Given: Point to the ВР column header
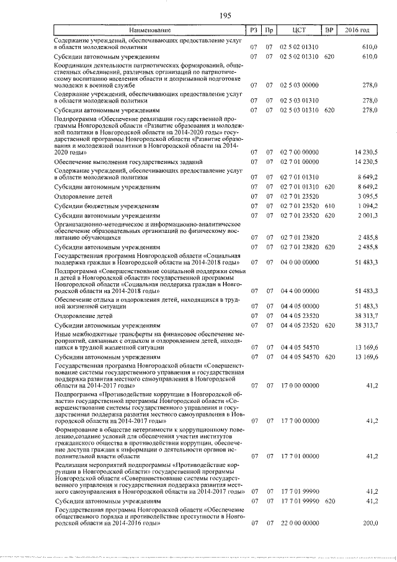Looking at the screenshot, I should tap(329, 30).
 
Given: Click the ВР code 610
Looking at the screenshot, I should tap(329, 206).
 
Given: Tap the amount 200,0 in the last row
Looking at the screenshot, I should tap(370, 523).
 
